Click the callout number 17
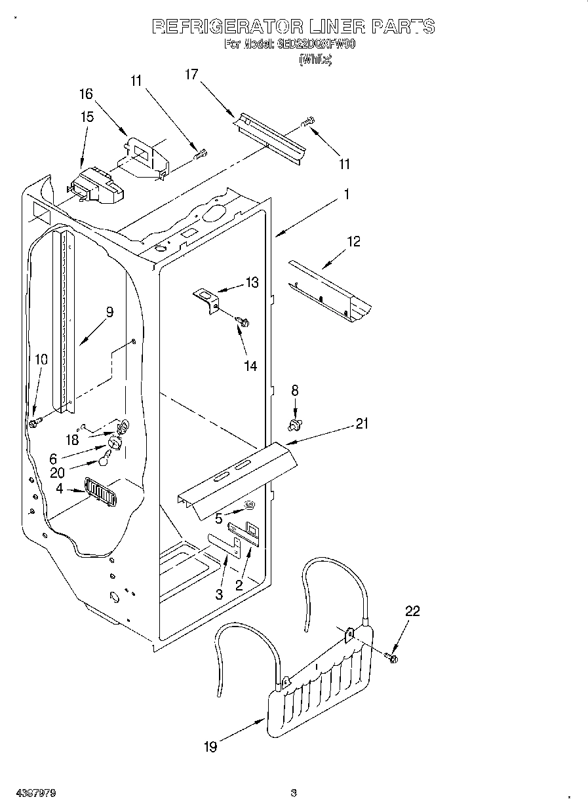pyautogui.click(x=191, y=74)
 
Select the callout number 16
pyautogui.click(x=87, y=94)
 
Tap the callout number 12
pyautogui.click(x=353, y=242)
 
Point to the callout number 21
pyautogui.click(x=362, y=424)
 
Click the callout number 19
pyautogui.click(x=210, y=746)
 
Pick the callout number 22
pyautogui.click(x=412, y=611)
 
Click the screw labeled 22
pyautogui.click(x=392, y=656)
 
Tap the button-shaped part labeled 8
pyautogui.click(x=294, y=425)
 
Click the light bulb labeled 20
pyautogui.click(x=104, y=461)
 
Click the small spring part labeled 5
pyautogui.click(x=249, y=505)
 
